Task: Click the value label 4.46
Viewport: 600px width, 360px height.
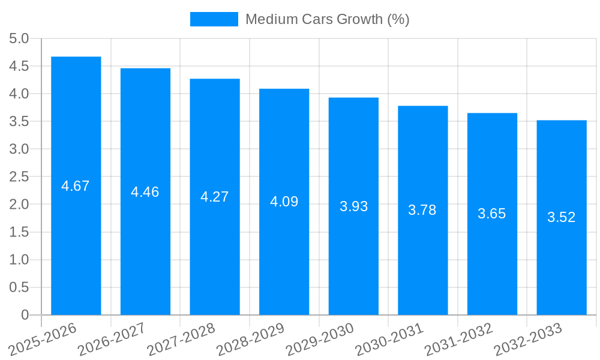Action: (145, 192)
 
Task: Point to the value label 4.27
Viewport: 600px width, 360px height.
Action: (215, 197)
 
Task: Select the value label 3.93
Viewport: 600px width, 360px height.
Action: (353, 206)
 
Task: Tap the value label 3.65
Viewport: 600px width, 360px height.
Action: (492, 214)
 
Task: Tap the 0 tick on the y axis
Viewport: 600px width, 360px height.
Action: (25, 315)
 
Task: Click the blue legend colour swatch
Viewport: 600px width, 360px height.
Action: (214, 19)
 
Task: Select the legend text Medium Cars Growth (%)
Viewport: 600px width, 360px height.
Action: (327, 19)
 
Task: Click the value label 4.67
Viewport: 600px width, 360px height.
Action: (76, 186)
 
